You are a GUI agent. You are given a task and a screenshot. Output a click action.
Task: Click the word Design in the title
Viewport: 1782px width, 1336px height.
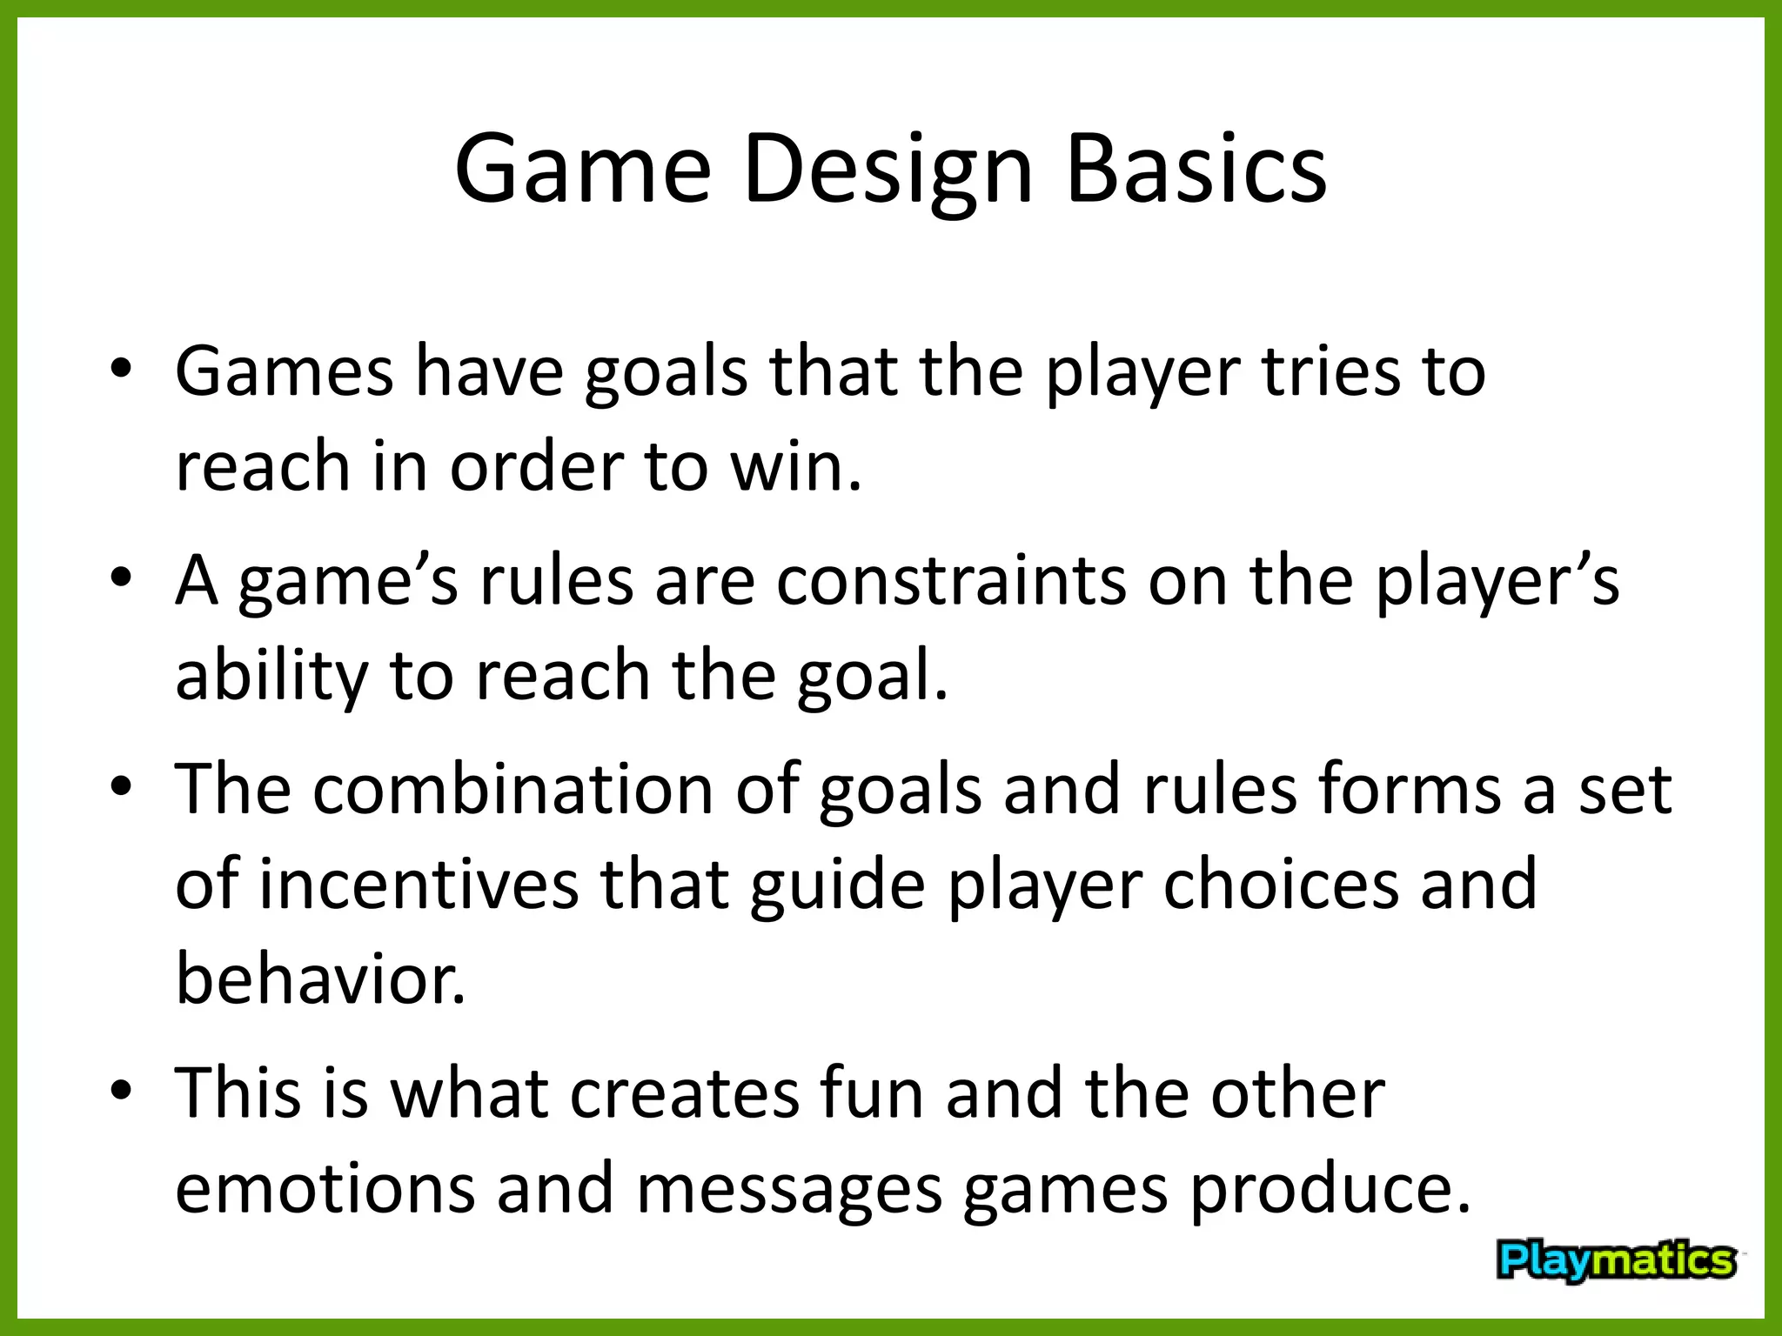pyautogui.click(x=887, y=170)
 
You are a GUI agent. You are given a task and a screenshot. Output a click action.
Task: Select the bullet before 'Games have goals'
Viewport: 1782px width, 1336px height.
pyautogui.click(x=121, y=370)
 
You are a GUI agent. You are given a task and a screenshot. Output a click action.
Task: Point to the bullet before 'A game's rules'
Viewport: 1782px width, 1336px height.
pyautogui.click(x=121, y=578)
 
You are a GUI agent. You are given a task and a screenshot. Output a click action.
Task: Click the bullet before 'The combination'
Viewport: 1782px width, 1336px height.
pyautogui.click(x=121, y=787)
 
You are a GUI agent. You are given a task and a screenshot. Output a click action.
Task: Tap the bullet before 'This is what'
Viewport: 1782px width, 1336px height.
pyautogui.click(x=121, y=1091)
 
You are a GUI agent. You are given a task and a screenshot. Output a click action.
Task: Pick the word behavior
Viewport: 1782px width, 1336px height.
pyautogui.click(x=320, y=979)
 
